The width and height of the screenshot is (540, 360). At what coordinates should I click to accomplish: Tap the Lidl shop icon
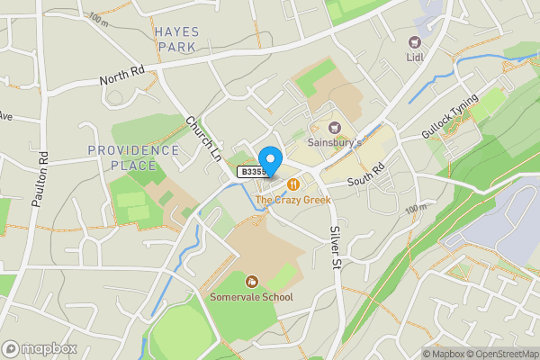coord(415,41)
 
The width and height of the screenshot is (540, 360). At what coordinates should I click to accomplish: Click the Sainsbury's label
coord(335,142)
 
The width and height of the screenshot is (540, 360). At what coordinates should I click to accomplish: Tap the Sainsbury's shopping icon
coord(335,128)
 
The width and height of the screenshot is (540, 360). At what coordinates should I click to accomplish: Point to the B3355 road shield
coord(252,171)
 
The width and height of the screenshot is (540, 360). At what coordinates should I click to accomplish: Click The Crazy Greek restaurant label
coord(292,199)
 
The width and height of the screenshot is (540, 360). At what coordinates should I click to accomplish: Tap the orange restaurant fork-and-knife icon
coord(292,184)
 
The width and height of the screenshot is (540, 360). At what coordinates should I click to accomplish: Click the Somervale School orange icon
coord(251,282)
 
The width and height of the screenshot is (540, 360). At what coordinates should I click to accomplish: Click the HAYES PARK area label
coord(176,37)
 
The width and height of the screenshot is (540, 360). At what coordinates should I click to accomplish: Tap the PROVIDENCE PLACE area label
coord(134,157)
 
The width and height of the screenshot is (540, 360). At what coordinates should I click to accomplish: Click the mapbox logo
coord(39,348)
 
